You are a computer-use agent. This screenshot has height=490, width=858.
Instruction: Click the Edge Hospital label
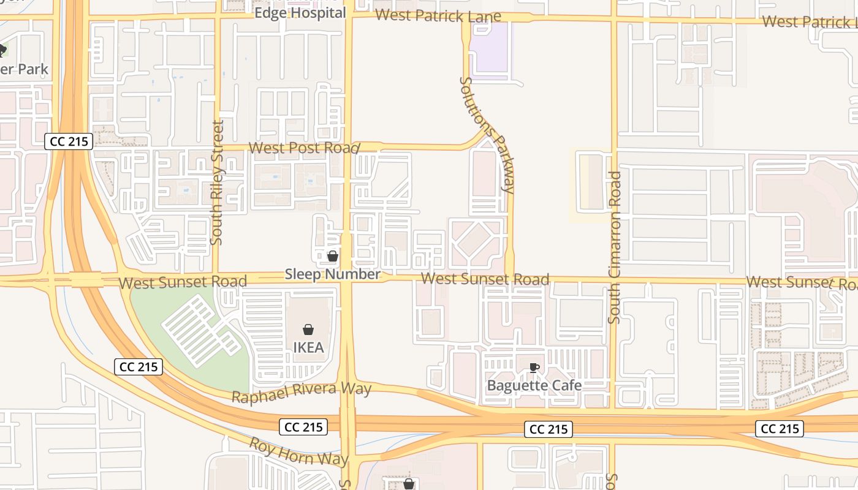click(x=300, y=13)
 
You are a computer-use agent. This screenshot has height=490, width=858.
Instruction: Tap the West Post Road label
click(x=303, y=148)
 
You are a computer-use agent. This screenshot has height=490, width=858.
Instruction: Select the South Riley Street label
click(x=217, y=183)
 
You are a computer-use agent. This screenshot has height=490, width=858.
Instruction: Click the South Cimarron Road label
click(x=615, y=247)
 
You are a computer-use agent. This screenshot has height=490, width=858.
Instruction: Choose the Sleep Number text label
click(x=332, y=274)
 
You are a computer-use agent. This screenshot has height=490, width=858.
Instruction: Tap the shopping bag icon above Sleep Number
click(x=332, y=256)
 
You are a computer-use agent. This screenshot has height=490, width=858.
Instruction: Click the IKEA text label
click(x=308, y=347)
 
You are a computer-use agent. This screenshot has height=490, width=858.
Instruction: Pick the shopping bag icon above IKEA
click(x=308, y=330)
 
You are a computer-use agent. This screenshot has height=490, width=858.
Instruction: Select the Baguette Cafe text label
click(x=534, y=385)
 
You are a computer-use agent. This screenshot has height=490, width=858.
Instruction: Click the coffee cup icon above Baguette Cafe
click(x=534, y=367)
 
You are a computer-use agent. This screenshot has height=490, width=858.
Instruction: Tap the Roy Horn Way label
click(x=298, y=451)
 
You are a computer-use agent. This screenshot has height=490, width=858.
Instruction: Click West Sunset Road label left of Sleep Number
click(x=183, y=282)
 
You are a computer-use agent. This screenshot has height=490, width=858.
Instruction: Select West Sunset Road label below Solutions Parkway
click(x=485, y=279)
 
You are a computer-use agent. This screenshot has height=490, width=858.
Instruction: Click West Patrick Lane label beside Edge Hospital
click(x=438, y=16)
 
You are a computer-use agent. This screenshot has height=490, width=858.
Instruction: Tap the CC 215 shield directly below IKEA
click(x=303, y=427)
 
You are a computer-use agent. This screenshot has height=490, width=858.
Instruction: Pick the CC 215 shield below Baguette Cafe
click(x=549, y=429)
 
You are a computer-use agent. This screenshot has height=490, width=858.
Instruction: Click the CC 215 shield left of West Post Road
click(x=69, y=141)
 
